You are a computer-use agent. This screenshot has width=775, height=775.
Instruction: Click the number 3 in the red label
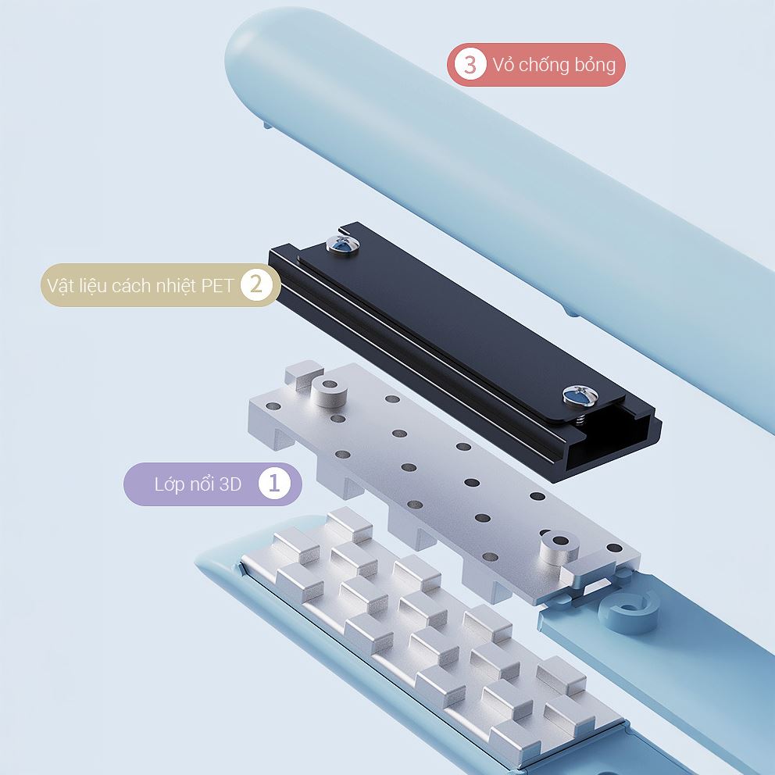pos(469,64)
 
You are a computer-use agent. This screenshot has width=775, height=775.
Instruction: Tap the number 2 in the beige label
pos(256,284)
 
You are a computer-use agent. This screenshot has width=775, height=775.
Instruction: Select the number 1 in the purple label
pos(273,484)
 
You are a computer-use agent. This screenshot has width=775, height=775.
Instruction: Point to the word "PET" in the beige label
pos(216,286)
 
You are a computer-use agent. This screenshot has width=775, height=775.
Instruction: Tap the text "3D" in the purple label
pos(230,484)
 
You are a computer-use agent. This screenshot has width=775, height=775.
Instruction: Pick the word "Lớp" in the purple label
pos(166,485)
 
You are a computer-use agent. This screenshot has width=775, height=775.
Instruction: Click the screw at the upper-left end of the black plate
pos(342,245)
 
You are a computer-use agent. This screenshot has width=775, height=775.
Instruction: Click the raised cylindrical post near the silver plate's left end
pos(329,392)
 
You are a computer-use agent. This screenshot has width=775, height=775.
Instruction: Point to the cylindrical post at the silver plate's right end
pos(559,548)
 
